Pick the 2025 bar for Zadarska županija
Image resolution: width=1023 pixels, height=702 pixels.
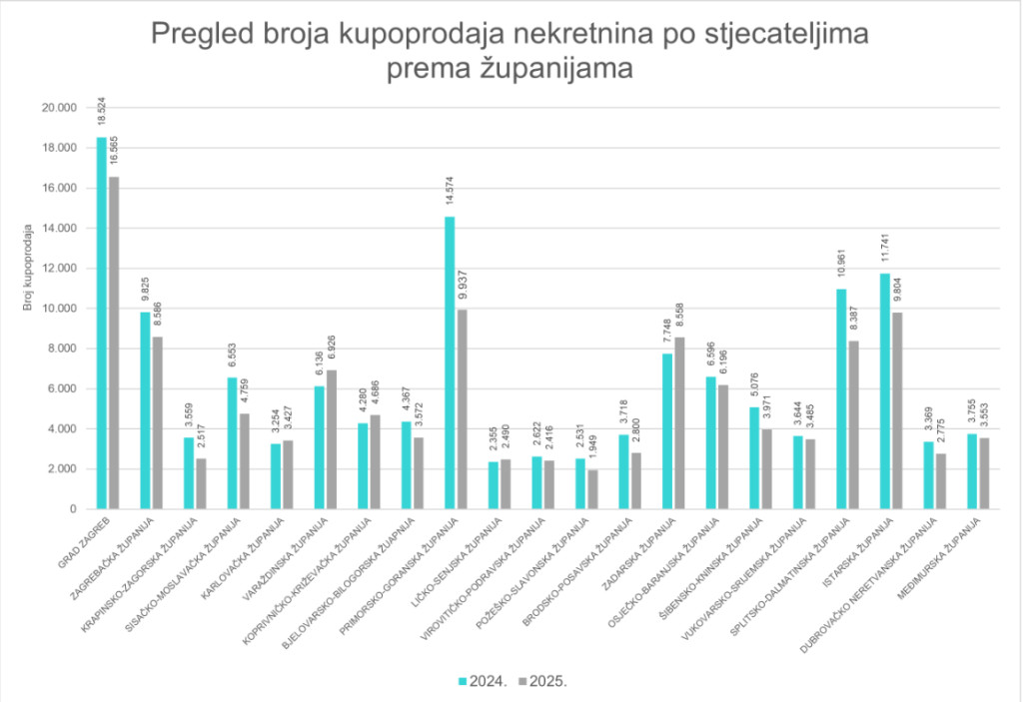[680, 423]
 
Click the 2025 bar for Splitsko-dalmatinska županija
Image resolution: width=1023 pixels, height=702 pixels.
[854, 425]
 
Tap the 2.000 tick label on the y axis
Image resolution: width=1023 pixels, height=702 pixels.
[59, 469]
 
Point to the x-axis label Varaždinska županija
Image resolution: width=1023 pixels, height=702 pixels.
[285, 559]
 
